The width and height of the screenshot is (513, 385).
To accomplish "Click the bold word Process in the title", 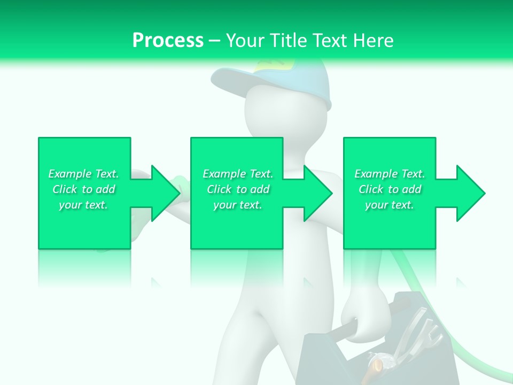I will (x=168, y=41).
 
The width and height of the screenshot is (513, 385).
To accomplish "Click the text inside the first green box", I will (x=83, y=189).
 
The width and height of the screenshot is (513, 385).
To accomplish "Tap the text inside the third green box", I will (x=390, y=189).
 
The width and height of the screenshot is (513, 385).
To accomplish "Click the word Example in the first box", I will (x=69, y=174).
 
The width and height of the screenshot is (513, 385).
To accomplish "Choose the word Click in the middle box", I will (x=218, y=189).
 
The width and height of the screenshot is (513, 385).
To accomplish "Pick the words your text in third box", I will (x=390, y=205).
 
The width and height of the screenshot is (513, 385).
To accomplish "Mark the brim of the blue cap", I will (x=235, y=80).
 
